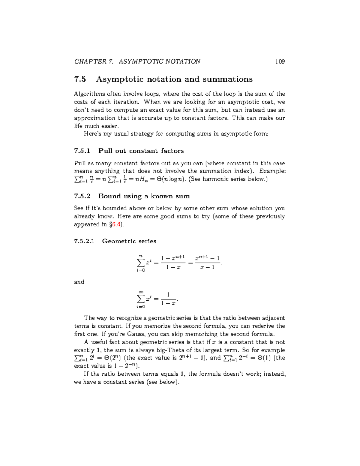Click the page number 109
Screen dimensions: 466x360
(x=280, y=62)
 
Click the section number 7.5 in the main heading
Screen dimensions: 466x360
(x=80, y=80)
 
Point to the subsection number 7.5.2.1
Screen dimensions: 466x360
(x=84, y=241)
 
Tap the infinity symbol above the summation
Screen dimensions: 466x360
(x=140, y=292)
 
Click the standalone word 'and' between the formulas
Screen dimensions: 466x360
(x=79, y=282)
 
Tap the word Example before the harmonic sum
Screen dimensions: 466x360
(x=272, y=171)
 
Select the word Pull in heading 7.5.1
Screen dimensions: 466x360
(x=105, y=151)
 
